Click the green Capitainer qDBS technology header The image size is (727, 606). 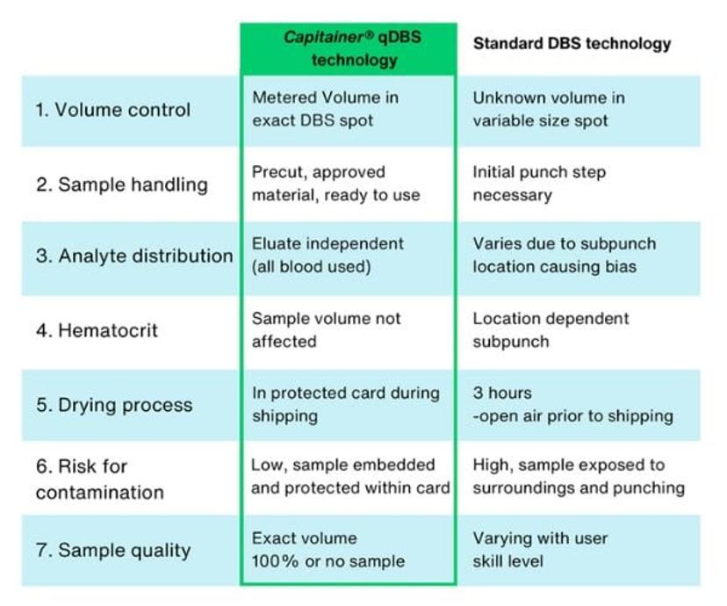[349, 49]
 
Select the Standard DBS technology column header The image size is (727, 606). [572, 43]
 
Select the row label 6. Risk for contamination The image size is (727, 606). [99, 480]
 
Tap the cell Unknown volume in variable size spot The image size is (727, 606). [549, 109]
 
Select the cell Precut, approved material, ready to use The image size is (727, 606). [335, 184]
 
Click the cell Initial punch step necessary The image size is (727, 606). [539, 184]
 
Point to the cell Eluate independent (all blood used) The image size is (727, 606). [328, 255]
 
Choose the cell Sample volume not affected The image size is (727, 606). [326, 330]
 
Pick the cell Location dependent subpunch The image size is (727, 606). [551, 330]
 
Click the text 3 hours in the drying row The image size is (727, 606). [502, 393]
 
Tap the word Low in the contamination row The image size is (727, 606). [267, 465]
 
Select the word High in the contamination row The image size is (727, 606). [490, 465]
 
